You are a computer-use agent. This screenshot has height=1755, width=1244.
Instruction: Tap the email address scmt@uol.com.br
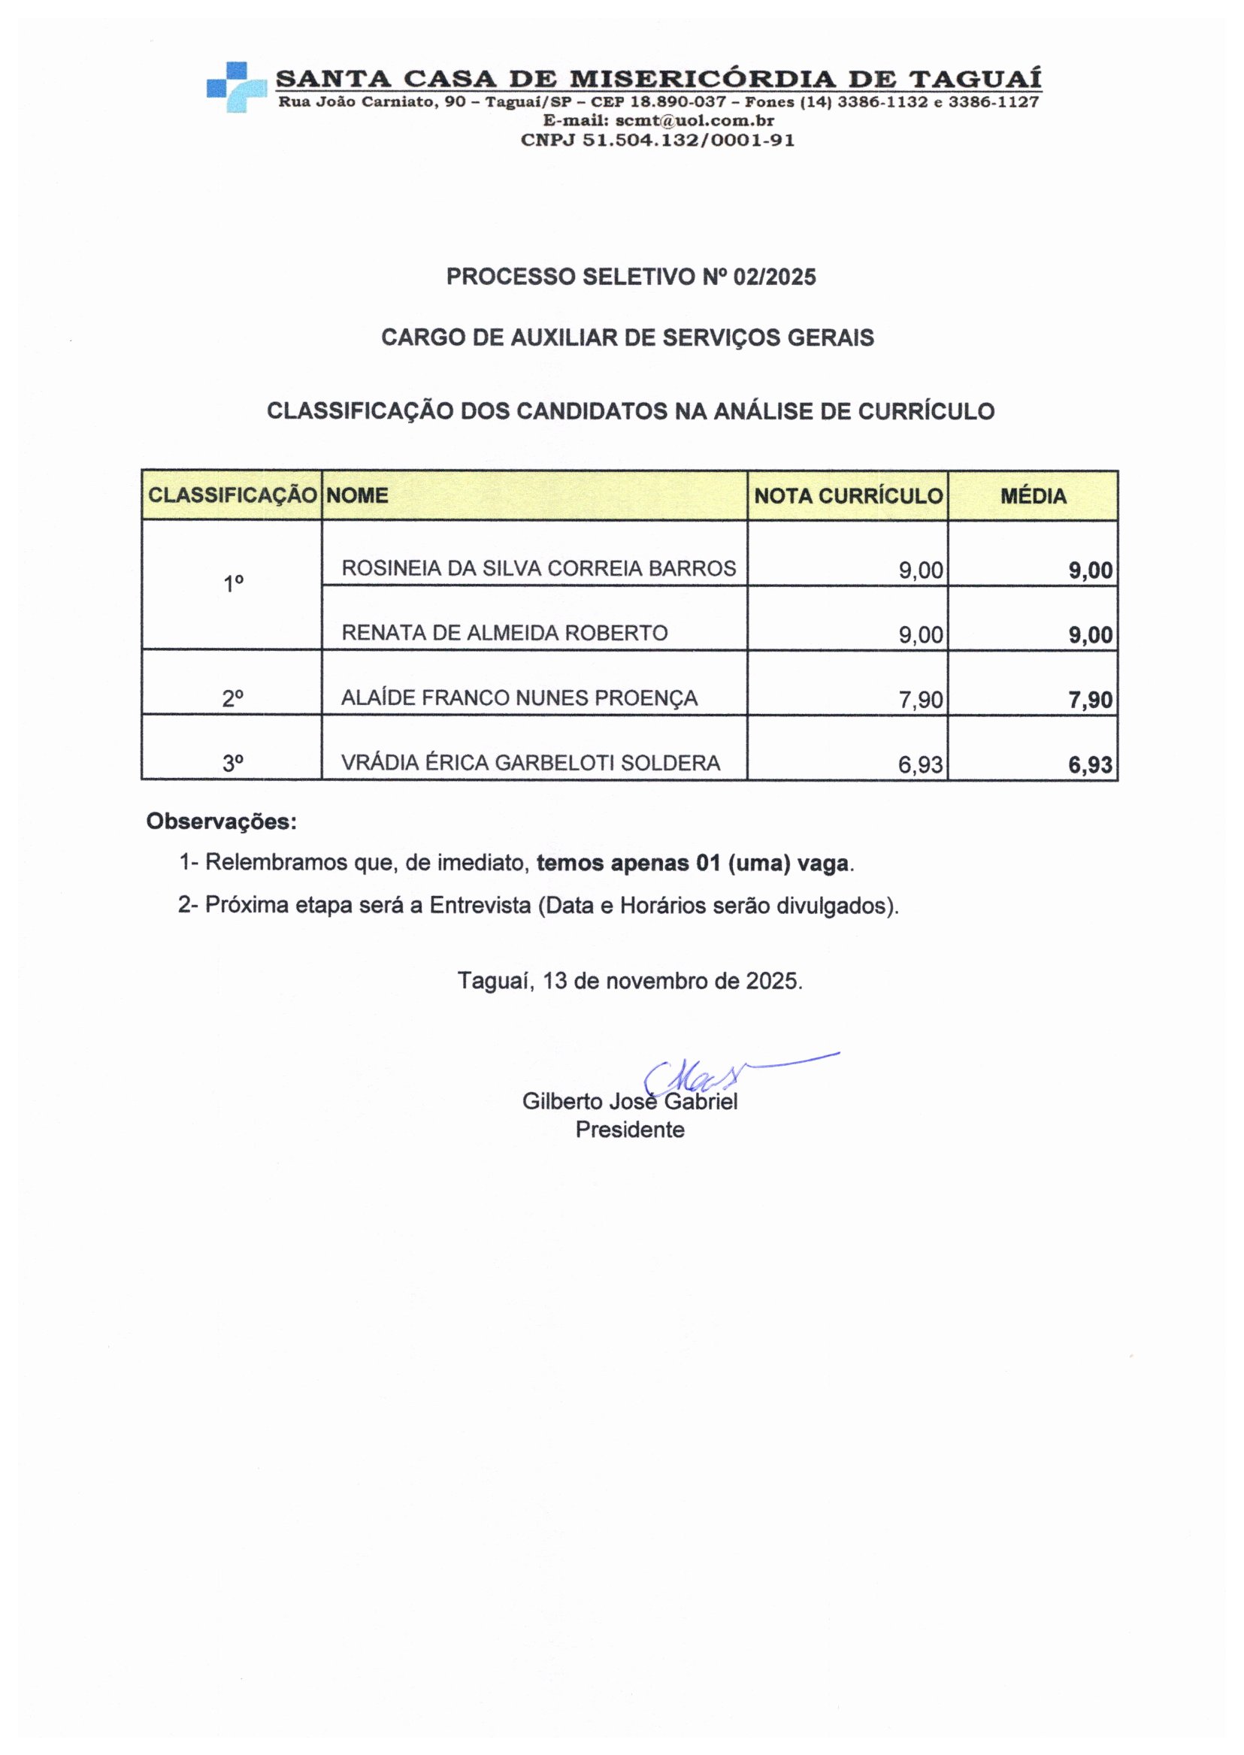695,121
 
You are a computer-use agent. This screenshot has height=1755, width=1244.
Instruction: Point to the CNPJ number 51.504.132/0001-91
689,141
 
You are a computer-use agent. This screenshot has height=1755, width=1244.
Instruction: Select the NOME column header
357,495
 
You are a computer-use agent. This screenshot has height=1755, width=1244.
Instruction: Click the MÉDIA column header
1033,496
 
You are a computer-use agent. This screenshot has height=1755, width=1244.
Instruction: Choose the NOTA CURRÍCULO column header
848,496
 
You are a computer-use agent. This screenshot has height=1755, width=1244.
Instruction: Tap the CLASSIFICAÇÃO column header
232,495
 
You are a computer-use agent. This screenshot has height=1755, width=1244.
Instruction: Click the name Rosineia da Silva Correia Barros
538,568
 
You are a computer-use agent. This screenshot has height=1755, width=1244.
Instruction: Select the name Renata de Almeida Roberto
504,633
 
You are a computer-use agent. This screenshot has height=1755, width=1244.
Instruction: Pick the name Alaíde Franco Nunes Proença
519,697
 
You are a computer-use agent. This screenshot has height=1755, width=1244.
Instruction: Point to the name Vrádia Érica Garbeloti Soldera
531,763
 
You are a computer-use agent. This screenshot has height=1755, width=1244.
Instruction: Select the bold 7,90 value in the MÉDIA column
1091,700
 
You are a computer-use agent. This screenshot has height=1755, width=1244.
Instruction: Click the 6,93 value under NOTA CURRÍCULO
921,764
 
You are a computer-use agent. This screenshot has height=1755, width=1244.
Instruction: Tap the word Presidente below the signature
630,1130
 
